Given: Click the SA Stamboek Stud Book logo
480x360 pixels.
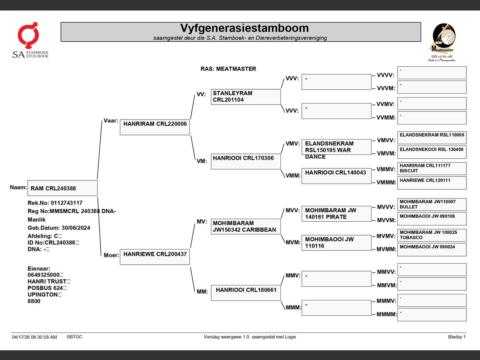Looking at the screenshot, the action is pyautogui.click(x=30, y=40).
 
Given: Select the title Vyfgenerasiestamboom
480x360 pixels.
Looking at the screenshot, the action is pyautogui.click(x=244, y=28).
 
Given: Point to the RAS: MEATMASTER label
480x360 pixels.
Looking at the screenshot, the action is pyautogui.click(x=228, y=69).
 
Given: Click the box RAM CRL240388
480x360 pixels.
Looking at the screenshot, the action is pyautogui.click(x=63, y=188).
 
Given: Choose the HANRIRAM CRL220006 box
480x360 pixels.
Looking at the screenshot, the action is pyautogui.click(x=155, y=127).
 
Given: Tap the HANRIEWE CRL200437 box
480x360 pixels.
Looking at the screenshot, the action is pyautogui.click(x=155, y=257).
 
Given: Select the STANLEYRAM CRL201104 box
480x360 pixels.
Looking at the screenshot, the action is pyautogui.click(x=246, y=97).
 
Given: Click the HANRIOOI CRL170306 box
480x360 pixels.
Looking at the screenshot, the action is pyautogui.click(x=246, y=161).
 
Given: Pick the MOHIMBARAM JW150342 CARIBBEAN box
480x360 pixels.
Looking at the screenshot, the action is pyautogui.click(x=246, y=226).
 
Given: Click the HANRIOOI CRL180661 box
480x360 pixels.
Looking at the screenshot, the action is pyautogui.click(x=246, y=292).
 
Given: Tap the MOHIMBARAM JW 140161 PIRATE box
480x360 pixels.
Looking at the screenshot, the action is pyautogui.click(x=336, y=213).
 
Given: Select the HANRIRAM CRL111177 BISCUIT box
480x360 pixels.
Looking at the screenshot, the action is pyautogui.click(x=432, y=168).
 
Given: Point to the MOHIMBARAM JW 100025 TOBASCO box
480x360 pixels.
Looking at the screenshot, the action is pyautogui.click(x=432, y=235).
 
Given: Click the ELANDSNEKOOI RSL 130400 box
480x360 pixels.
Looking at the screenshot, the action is pyautogui.click(x=432, y=152).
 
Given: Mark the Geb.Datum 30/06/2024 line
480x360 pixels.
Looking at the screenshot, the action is pyautogui.click(x=59, y=228).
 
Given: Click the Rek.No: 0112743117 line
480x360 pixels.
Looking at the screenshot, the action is pyautogui.click(x=55, y=203).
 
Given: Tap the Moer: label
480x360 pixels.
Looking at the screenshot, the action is pyautogui.click(x=111, y=255).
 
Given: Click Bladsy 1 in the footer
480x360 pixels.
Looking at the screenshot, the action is pyautogui.click(x=457, y=337).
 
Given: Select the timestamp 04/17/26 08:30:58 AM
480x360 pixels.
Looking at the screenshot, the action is pyautogui.click(x=34, y=337).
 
